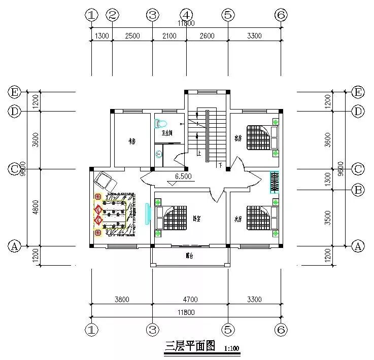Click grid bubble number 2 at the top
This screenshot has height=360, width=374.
click(x=113, y=15)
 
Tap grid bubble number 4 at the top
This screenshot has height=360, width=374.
click(x=186, y=15)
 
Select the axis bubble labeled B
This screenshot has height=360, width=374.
click(x=358, y=190)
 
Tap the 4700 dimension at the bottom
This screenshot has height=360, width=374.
click(x=190, y=299)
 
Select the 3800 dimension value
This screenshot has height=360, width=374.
click(x=122, y=299)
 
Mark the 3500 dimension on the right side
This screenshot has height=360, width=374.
click(x=328, y=218)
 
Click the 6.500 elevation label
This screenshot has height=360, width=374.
click(x=183, y=177)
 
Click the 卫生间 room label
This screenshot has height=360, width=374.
click(x=166, y=133)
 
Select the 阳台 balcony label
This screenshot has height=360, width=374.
click(x=189, y=256)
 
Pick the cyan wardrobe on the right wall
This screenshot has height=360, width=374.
click(x=275, y=183)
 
